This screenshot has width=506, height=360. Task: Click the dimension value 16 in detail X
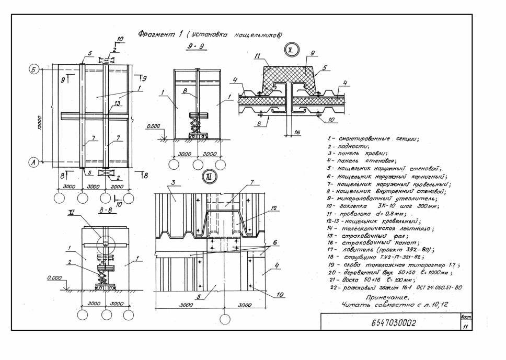tap(297, 133)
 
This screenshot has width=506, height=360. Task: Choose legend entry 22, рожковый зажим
tap(393, 287)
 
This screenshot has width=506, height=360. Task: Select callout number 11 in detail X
tap(257, 56)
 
